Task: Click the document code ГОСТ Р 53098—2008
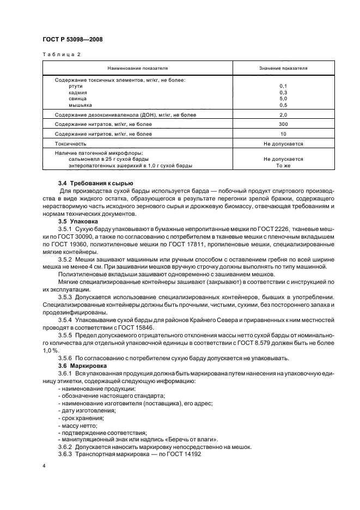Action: click(72, 40)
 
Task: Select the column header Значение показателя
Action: click(283, 69)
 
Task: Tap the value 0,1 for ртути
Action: click(283, 86)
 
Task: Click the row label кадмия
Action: click(79, 92)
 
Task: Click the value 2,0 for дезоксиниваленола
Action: click(283, 115)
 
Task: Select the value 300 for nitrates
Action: click(283, 124)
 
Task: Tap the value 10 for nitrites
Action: click(283, 133)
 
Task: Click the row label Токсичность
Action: click(71, 144)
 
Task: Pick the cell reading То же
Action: click(283, 165)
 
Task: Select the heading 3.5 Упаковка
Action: click(78, 222)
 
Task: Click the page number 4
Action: click(44, 467)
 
